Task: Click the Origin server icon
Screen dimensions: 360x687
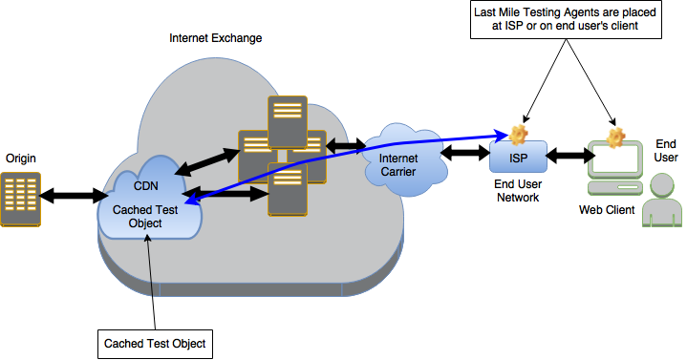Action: tap(19, 199)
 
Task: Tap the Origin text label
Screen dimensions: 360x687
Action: tap(21, 156)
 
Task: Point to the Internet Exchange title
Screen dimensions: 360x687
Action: tap(215, 38)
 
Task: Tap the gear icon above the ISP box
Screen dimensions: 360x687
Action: tap(519, 134)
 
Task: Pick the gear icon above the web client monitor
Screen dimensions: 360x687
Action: tap(616, 136)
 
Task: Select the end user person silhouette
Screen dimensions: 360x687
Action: tap(661, 201)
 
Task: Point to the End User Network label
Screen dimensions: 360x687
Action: tap(518, 189)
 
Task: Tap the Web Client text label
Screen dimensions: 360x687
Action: tap(608, 208)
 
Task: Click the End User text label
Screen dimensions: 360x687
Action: tap(666, 150)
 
